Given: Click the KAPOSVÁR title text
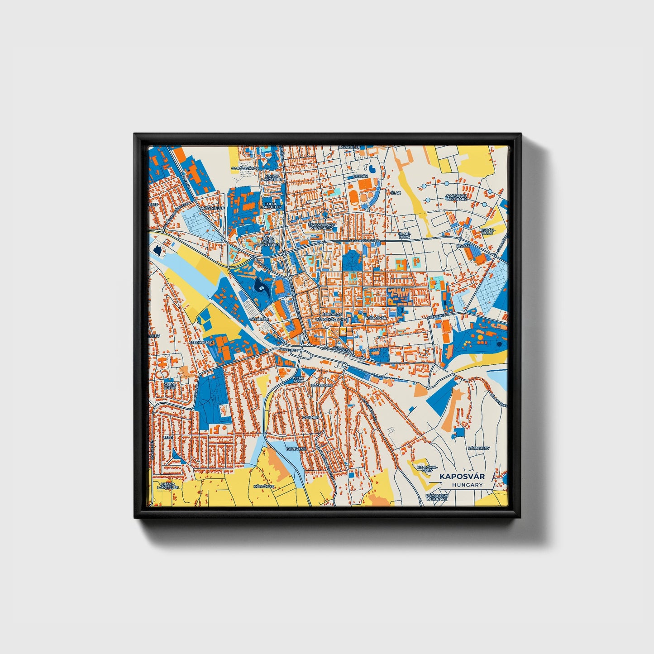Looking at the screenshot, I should (462, 477).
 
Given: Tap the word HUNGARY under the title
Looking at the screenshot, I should (467, 485).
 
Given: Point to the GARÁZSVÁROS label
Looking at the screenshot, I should (244, 168).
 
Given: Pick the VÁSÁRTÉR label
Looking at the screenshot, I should (259, 319).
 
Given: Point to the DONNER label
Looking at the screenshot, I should (310, 417).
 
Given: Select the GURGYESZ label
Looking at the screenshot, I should (296, 449).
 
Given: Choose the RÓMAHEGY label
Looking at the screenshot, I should (479, 448).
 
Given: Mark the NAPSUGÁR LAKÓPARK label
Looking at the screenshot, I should (456, 197).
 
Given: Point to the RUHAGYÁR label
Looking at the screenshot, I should (376, 318).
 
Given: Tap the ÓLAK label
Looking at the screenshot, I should (396, 193).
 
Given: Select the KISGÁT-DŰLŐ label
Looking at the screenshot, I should (490, 231).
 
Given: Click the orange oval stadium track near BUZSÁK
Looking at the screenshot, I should (353, 197).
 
